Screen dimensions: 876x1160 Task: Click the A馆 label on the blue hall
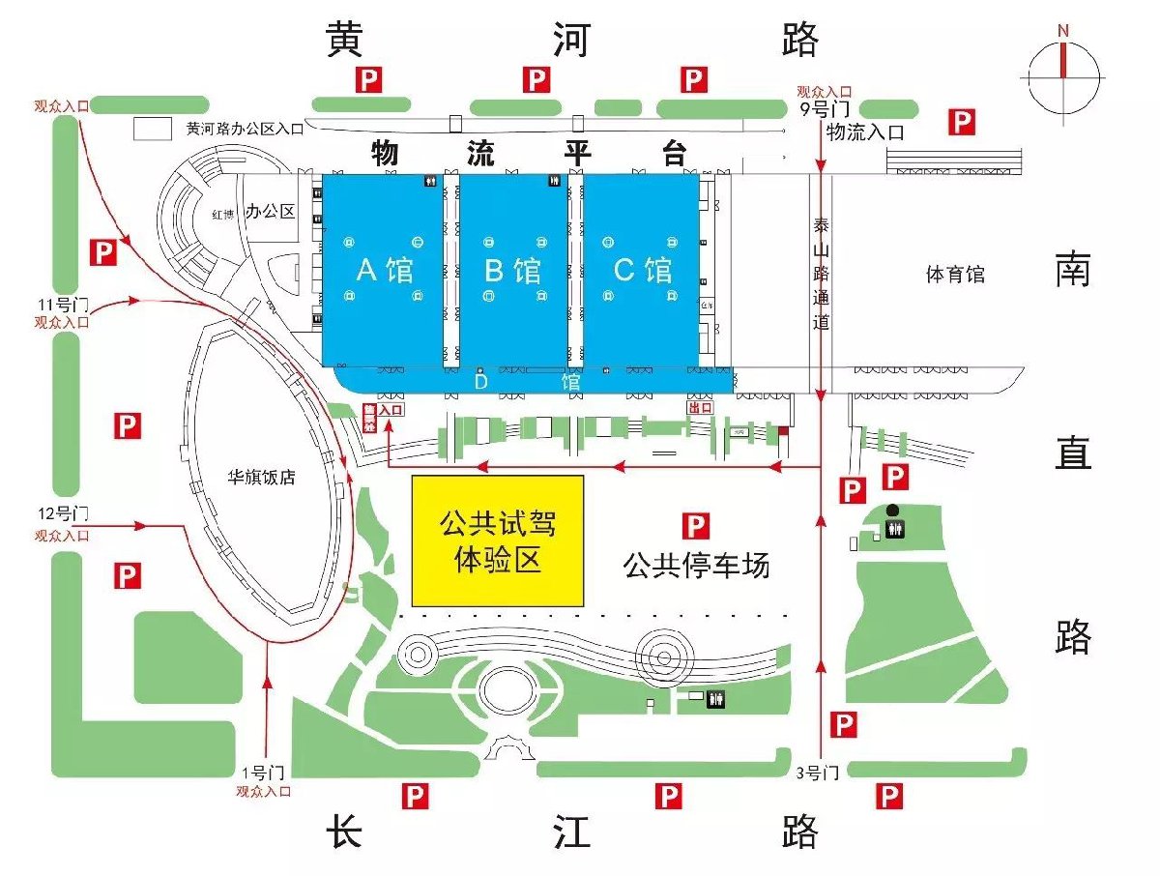click(x=385, y=270)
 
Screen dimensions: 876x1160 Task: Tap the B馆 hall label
click(x=512, y=270)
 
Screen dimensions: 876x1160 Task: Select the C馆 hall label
click(x=643, y=270)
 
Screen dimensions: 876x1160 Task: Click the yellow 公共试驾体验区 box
click(x=498, y=540)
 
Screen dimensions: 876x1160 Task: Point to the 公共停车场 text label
click(x=696, y=566)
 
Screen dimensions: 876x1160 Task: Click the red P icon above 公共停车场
click(x=696, y=526)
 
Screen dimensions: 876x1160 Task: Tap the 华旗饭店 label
click(x=261, y=477)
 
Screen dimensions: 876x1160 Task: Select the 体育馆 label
click(x=955, y=275)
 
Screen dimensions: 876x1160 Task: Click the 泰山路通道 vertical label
click(x=821, y=274)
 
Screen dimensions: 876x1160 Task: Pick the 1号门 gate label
click(x=262, y=773)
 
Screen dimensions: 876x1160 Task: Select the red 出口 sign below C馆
click(x=699, y=408)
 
